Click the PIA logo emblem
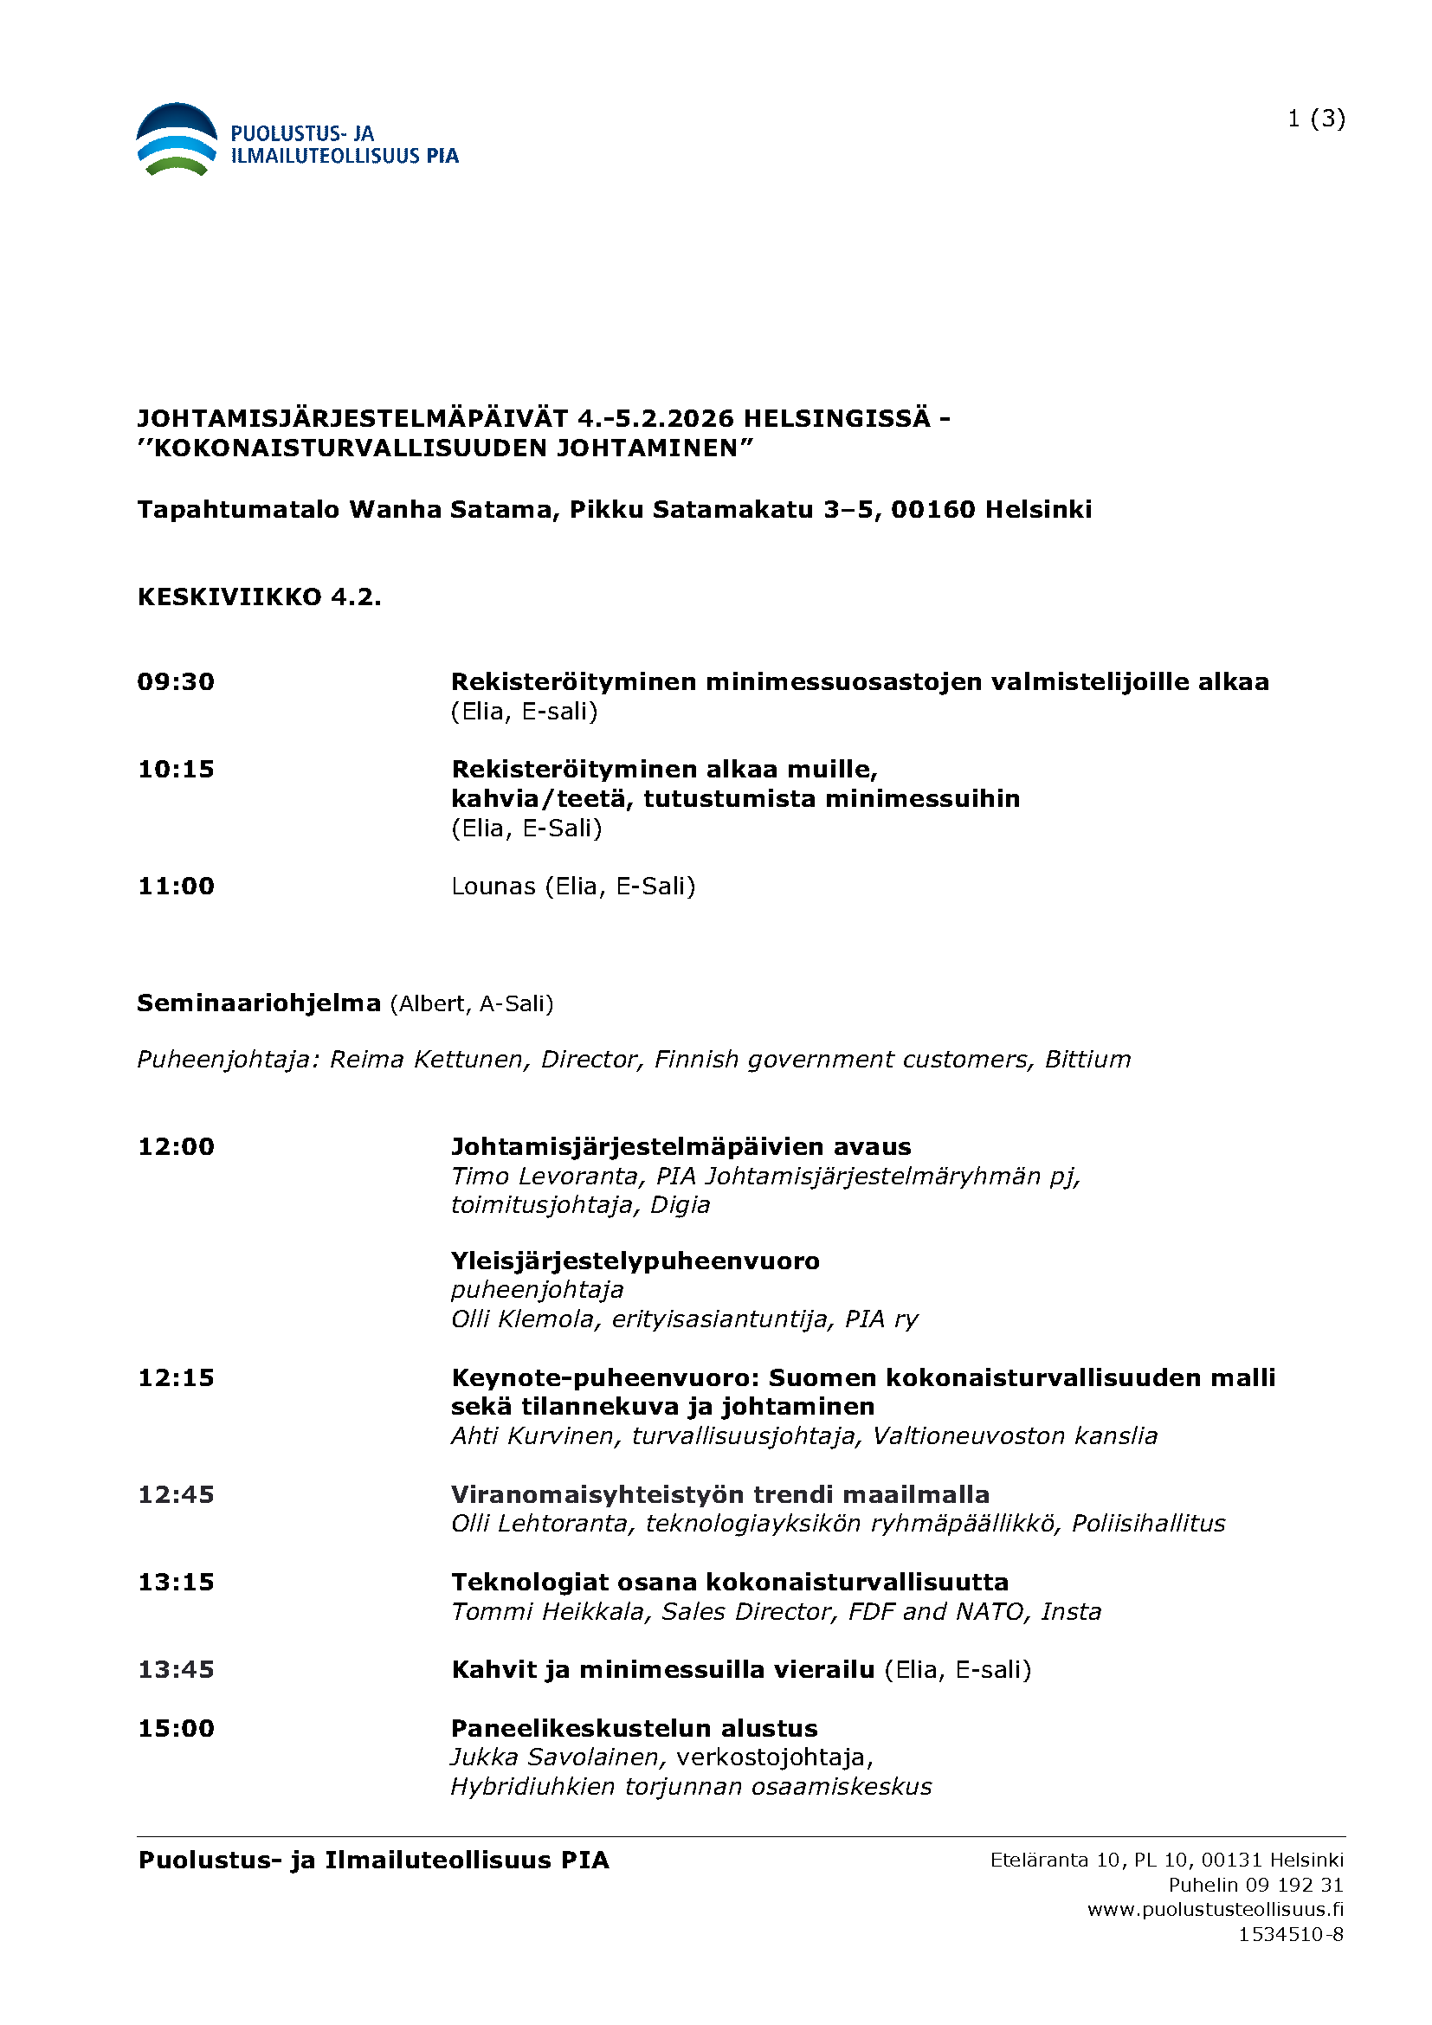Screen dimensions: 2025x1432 pyautogui.click(x=177, y=139)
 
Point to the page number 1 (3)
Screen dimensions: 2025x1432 pyautogui.click(x=1316, y=119)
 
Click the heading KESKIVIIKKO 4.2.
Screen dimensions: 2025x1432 pyautogui.click(x=259, y=597)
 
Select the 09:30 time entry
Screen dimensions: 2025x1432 pyautogui.click(x=177, y=681)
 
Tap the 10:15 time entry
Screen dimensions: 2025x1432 pyautogui.click(x=177, y=769)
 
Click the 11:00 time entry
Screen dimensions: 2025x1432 pyautogui.click(x=177, y=886)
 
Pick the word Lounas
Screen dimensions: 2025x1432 pyautogui.click(x=493, y=886)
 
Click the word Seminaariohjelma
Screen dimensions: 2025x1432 pyautogui.click(x=258, y=1003)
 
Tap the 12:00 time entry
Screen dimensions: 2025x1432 pyautogui.click(x=177, y=1146)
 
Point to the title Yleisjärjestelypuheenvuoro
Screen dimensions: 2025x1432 pyautogui.click(x=635, y=1261)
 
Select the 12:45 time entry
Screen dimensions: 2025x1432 pyautogui.click(x=177, y=1494)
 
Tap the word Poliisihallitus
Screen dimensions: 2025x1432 pyautogui.click(x=1148, y=1523)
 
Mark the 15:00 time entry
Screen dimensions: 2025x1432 pyautogui.click(x=177, y=1728)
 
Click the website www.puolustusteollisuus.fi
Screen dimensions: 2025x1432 pyautogui.click(x=1215, y=1910)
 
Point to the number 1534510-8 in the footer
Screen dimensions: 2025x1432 pyautogui.click(x=1291, y=1934)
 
